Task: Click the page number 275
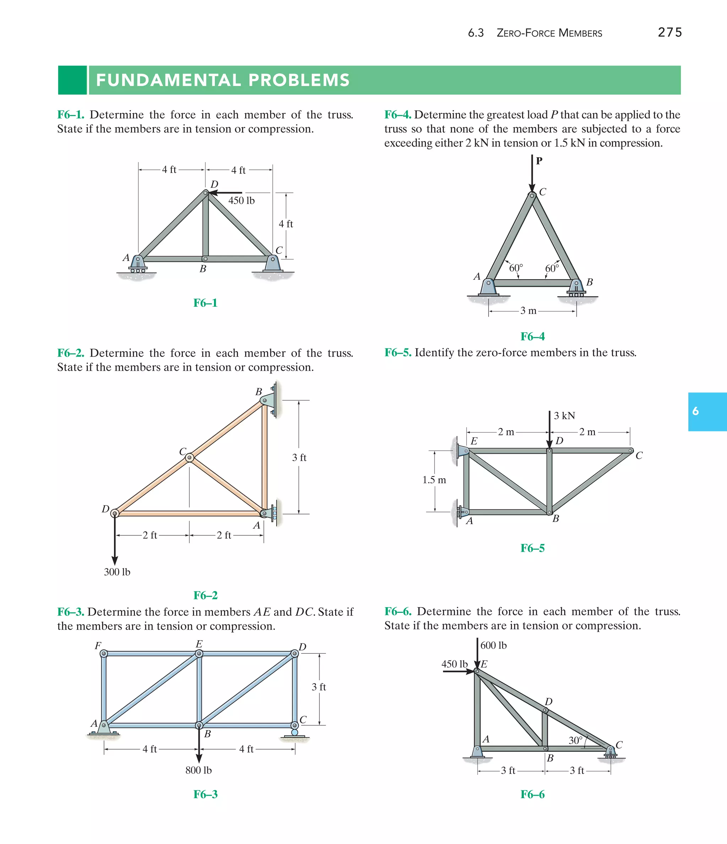click(669, 33)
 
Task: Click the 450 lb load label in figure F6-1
click(241, 200)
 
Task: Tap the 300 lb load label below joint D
click(117, 572)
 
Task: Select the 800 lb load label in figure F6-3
click(198, 770)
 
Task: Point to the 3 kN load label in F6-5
click(564, 415)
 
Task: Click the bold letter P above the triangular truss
click(539, 161)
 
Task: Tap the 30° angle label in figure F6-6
click(575, 740)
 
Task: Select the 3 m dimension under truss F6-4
click(528, 311)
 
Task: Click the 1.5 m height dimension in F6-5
click(434, 480)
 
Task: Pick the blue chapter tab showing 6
click(707, 412)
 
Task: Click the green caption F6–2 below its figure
click(205, 595)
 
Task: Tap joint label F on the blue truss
click(98, 646)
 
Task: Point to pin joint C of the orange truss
click(190, 458)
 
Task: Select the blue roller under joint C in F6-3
click(295, 733)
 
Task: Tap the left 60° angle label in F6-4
click(516, 268)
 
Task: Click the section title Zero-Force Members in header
click(549, 33)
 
